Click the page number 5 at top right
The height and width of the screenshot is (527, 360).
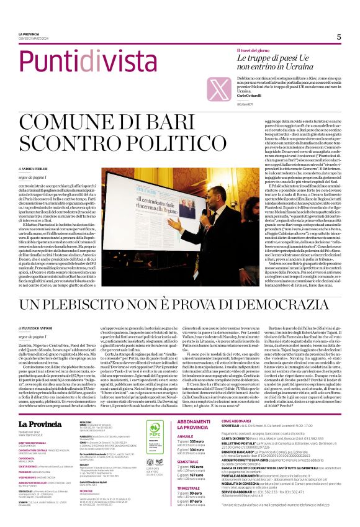pos(338,37)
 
